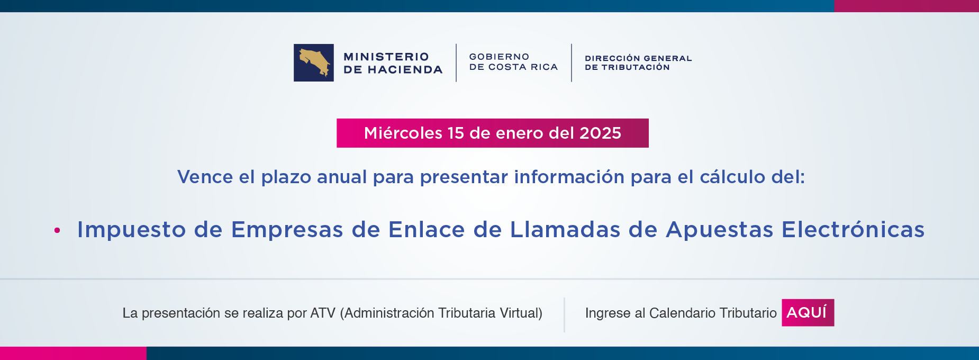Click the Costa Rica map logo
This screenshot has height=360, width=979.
[313, 62]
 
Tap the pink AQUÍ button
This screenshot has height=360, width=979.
[808, 312]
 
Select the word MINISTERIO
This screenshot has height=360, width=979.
[386, 57]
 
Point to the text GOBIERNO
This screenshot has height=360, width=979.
[499, 57]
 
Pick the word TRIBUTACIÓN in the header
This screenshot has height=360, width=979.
[636, 67]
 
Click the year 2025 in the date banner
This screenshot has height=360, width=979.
[600, 133]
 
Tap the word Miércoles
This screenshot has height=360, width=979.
[403, 133]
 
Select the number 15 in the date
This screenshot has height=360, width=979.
[456, 133]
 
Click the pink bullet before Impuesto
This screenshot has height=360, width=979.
[57, 230]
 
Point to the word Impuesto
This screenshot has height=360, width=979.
[132, 230]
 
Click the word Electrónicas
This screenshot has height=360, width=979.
[853, 230]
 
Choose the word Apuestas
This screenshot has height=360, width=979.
[720, 230]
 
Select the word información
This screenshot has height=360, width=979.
[569, 177]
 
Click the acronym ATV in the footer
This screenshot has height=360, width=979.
[322, 313]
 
